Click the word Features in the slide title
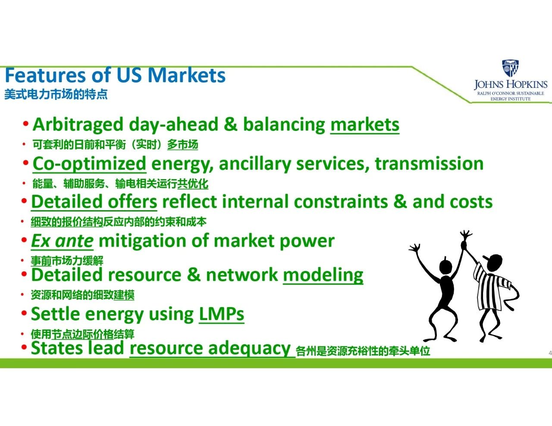(x=45, y=75)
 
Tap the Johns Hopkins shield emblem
(x=510, y=68)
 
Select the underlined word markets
(x=365, y=125)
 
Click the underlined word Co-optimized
(x=89, y=164)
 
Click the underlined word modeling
(x=323, y=276)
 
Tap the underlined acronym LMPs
(x=222, y=314)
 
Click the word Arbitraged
(x=78, y=125)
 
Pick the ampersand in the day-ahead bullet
(x=231, y=124)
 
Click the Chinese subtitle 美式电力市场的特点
(x=56, y=94)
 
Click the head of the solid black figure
(x=445, y=266)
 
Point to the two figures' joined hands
(x=464, y=245)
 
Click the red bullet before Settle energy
(x=24, y=313)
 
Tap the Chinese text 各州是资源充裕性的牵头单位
(x=363, y=351)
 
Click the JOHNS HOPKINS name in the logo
(x=511, y=84)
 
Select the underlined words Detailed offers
(x=94, y=202)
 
